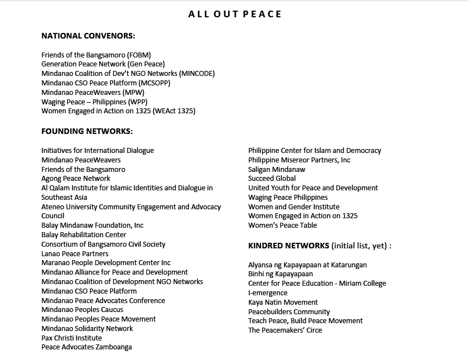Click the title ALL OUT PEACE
(x=235, y=14)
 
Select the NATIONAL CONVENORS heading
(x=88, y=36)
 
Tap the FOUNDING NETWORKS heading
(x=87, y=132)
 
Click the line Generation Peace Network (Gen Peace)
(x=103, y=64)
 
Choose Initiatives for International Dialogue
(x=98, y=151)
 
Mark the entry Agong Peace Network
(x=76, y=179)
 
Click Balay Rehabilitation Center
(x=84, y=235)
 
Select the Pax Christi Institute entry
(x=71, y=338)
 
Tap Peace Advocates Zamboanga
(x=86, y=347)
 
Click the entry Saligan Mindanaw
(x=277, y=169)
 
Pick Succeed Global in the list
(x=272, y=179)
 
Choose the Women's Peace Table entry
(x=283, y=225)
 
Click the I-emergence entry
(x=268, y=293)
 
